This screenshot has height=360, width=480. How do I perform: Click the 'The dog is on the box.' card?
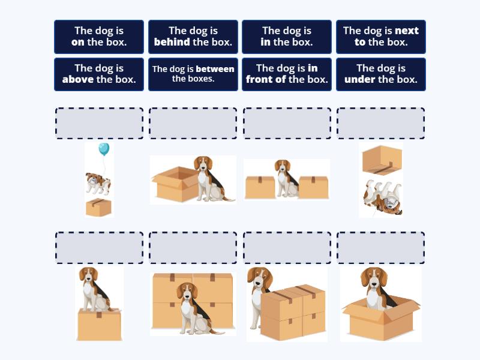(99, 37)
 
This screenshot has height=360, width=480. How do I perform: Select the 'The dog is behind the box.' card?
(193, 37)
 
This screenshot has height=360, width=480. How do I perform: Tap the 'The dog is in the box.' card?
(287, 37)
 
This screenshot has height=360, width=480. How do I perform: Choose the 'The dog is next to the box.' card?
(381, 37)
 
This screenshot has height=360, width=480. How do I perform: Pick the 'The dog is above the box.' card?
(99, 74)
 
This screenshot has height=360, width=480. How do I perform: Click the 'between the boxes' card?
(193, 74)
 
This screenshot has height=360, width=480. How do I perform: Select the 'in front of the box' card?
(287, 74)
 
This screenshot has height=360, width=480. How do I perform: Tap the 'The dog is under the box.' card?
(381, 74)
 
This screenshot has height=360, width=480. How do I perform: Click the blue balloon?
(104, 149)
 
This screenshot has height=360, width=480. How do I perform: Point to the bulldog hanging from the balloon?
(98, 184)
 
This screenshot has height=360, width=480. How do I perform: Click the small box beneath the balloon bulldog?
(98, 207)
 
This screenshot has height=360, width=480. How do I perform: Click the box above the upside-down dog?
(382, 160)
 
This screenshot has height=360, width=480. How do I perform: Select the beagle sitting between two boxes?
(287, 178)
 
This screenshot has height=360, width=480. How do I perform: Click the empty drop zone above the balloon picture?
(99, 123)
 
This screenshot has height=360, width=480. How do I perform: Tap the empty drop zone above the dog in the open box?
(381, 248)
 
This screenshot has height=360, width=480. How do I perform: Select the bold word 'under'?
(359, 80)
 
